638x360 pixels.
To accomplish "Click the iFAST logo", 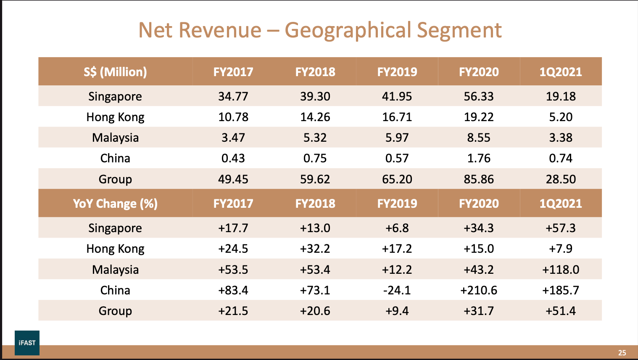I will click(27, 343).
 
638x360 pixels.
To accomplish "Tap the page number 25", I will click(622, 353).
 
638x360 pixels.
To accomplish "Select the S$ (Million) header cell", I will click(115, 72).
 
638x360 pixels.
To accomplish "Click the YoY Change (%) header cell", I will click(115, 204).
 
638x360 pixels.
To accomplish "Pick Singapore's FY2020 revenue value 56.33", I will click(479, 96).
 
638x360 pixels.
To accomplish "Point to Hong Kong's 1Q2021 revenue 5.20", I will click(561, 117).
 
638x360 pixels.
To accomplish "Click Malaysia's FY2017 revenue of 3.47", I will click(233, 138).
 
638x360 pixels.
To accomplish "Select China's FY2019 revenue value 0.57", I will click(397, 158).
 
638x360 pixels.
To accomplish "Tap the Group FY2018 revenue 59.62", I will click(315, 179).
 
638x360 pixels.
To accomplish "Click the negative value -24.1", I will click(397, 290).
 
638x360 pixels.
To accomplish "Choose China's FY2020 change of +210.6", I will click(479, 290).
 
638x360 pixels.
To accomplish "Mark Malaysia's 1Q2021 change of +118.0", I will click(561, 270).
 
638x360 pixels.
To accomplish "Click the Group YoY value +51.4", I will click(561, 311).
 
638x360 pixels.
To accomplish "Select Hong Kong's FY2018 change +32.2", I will click(315, 249).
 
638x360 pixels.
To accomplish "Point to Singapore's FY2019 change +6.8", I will click(397, 228).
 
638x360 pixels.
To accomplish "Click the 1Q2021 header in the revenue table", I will click(561, 72).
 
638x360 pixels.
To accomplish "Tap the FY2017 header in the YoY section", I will click(233, 204).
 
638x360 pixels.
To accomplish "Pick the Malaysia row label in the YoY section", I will click(115, 270).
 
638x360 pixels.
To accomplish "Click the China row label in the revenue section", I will click(115, 158).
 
